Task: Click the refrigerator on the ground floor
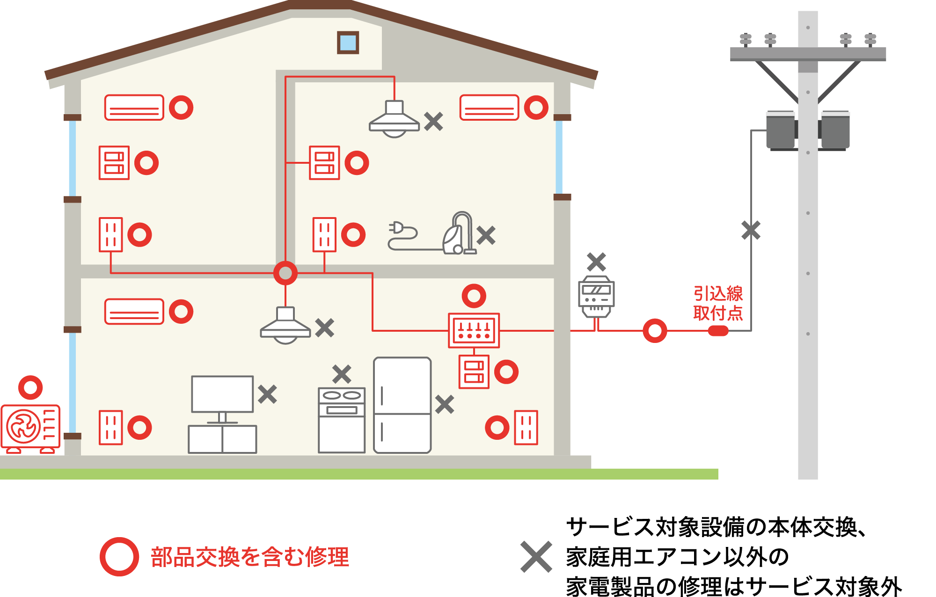click(x=402, y=405)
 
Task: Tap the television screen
click(x=222, y=394)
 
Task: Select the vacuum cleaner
click(x=459, y=234)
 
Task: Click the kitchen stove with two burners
click(x=342, y=420)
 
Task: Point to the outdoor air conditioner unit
click(x=30, y=428)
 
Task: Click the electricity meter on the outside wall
click(x=596, y=297)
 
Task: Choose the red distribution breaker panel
click(x=474, y=330)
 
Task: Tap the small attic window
click(x=348, y=43)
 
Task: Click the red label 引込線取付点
click(x=718, y=303)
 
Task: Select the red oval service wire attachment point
click(x=718, y=331)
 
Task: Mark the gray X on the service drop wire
click(x=751, y=231)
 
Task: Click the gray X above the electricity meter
click(x=596, y=262)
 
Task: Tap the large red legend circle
click(x=119, y=557)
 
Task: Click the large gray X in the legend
click(x=536, y=557)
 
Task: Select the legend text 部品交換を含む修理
click(x=250, y=557)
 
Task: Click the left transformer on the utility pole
click(x=781, y=130)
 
